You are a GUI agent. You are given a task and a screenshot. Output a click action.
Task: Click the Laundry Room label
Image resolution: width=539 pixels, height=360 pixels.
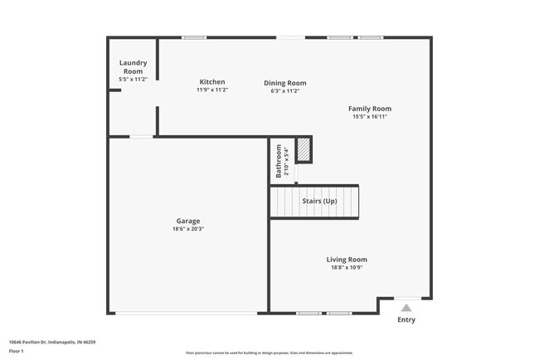click(133, 67)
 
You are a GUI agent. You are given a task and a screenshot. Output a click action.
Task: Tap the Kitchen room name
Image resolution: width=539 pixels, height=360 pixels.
click(211, 81)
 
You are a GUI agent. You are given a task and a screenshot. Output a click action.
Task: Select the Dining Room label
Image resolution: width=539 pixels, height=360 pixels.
click(285, 82)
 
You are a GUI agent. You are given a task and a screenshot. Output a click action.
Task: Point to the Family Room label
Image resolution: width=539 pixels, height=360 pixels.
click(369, 109)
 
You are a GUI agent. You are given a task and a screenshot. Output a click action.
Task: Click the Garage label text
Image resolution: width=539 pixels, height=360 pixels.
click(187, 221)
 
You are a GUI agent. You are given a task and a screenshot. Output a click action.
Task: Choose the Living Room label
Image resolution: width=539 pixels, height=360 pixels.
click(347, 260)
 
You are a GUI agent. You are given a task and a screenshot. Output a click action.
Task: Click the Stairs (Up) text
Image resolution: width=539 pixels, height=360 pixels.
click(318, 202)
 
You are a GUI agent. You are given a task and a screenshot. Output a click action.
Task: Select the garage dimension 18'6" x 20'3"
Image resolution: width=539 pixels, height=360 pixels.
click(187, 230)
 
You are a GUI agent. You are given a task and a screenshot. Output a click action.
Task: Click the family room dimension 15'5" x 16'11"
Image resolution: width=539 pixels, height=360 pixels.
click(369, 117)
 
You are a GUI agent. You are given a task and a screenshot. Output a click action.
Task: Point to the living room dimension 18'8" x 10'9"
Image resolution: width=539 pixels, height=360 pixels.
click(347, 268)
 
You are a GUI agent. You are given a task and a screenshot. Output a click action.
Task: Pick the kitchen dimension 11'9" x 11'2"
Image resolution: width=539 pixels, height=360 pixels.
click(211, 90)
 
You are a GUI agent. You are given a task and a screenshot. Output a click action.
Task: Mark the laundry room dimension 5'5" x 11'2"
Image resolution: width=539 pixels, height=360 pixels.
click(133, 79)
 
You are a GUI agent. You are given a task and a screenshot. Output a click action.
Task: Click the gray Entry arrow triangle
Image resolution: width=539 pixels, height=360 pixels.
click(406, 307)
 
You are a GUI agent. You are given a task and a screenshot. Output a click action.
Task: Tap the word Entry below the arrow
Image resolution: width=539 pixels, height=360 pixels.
click(406, 319)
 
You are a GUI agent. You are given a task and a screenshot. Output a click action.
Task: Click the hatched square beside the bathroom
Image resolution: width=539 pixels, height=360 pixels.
click(304, 150)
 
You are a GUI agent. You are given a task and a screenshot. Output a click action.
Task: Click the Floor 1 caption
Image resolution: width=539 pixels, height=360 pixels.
click(17, 351)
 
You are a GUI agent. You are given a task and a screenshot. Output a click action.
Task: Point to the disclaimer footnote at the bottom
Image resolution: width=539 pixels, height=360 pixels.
click(269, 353)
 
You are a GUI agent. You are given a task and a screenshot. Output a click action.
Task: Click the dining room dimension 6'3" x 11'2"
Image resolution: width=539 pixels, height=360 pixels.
click(285, 90)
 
